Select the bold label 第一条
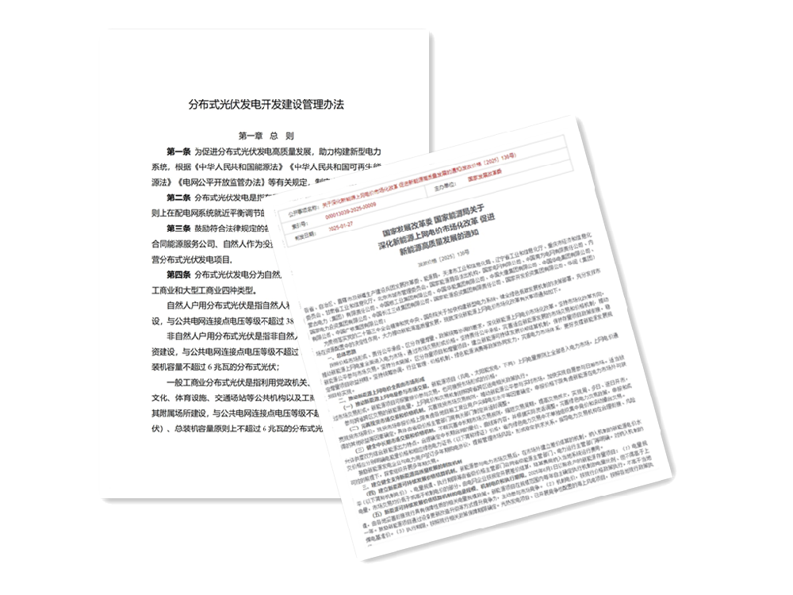click(180, 152)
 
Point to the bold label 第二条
click(180, 197)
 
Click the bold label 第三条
click(180, 227)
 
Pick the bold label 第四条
click(180, 274)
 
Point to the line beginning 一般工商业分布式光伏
click(230, 382)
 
